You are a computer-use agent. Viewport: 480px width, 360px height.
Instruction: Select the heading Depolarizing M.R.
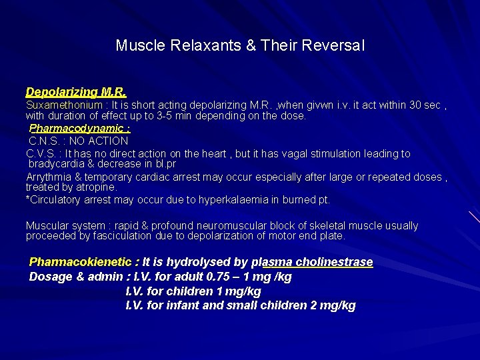(x=76, y=92)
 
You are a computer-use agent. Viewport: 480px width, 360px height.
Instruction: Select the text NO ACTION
(x=103, y=141)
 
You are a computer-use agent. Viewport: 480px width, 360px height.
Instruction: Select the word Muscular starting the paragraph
(x=47, y=225)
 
